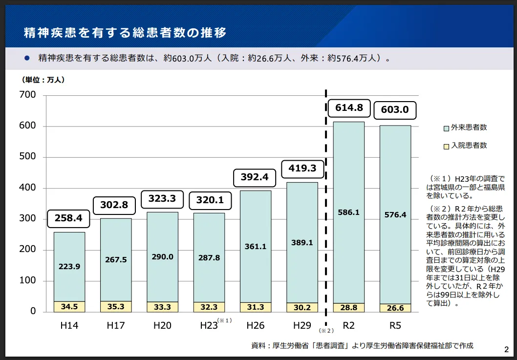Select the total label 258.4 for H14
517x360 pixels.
coord(69,218)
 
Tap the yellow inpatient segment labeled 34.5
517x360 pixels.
coord(69,307)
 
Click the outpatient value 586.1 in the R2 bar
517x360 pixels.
coord(349,212)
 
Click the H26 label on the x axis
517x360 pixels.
coord(256,325)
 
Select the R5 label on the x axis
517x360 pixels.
coord(395,325)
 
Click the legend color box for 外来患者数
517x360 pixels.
coord(446,128)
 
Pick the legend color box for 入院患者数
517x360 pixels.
coord(446,146)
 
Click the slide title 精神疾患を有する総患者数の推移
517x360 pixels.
coord(126,33)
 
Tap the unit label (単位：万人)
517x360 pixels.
coord(43,80)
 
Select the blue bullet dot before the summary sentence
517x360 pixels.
coord(27,58)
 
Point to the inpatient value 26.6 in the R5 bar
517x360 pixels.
coord(395,308)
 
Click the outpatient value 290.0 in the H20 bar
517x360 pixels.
coord(163,256)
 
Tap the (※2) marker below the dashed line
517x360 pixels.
coord(326,331)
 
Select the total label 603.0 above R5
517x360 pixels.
coord(395,110)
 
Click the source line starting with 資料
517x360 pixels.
coord(362,346)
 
